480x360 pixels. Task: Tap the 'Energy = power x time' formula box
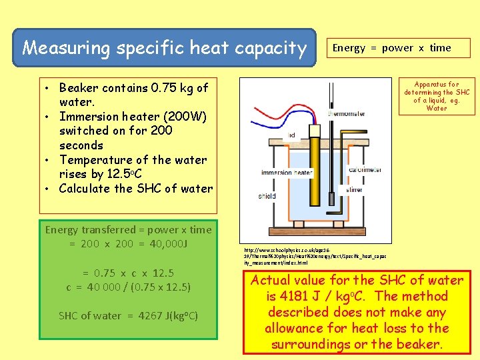coord(391,48)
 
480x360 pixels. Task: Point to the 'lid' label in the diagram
coord(291,135)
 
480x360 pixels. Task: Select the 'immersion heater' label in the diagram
coord(287,173)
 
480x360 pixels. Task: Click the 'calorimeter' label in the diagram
coord(365,169)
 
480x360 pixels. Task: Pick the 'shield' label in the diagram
coord(267,196)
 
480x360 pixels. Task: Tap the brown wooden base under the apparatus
coord(313,223)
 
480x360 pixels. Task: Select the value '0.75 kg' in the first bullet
coord(173,87)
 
